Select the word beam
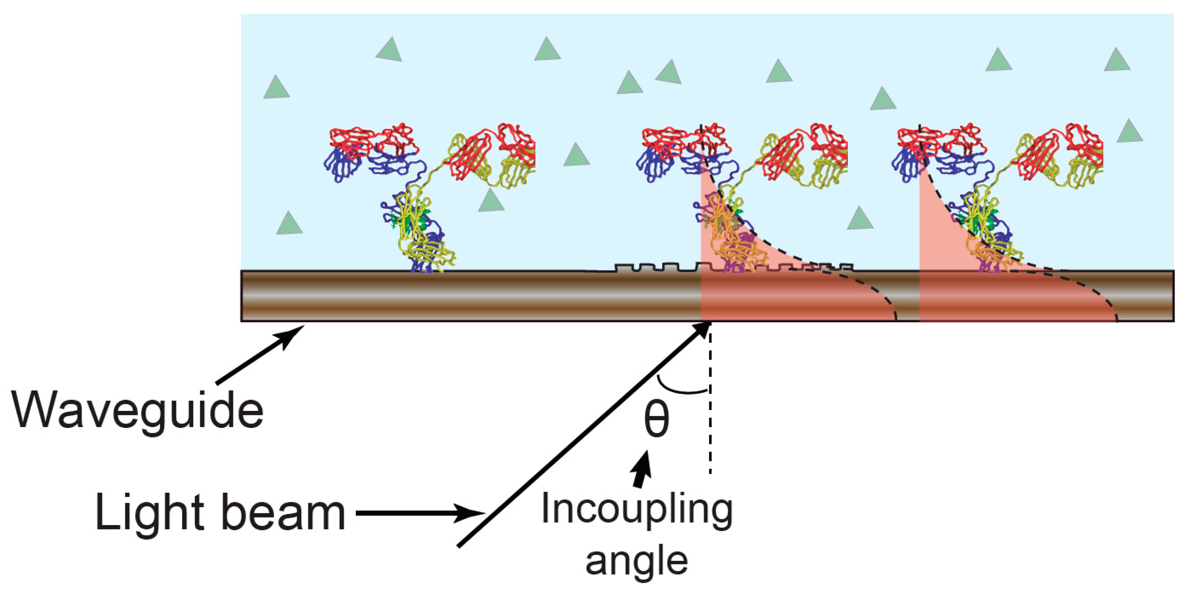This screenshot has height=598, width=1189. click(x=283, y=513)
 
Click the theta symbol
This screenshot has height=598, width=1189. click(x=656, y=421)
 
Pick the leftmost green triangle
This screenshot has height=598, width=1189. click(x=276, y=88)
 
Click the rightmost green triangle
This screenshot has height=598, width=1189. click(x=1130, y=131)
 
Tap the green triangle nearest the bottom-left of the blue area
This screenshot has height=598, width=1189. click(x=289, y=224)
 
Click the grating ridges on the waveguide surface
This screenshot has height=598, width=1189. click(x=720, y=267)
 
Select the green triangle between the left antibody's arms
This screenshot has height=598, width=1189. click(x=490, y=201)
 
